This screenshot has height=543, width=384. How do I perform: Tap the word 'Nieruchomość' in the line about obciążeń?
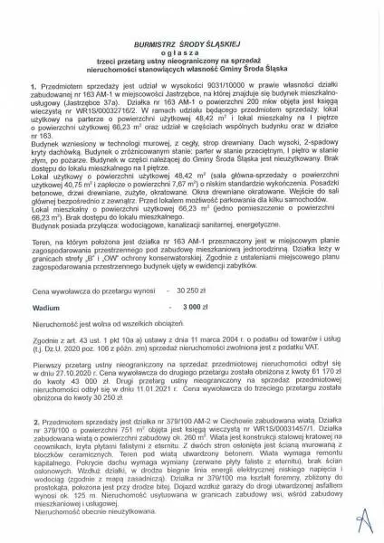point(54,323)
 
